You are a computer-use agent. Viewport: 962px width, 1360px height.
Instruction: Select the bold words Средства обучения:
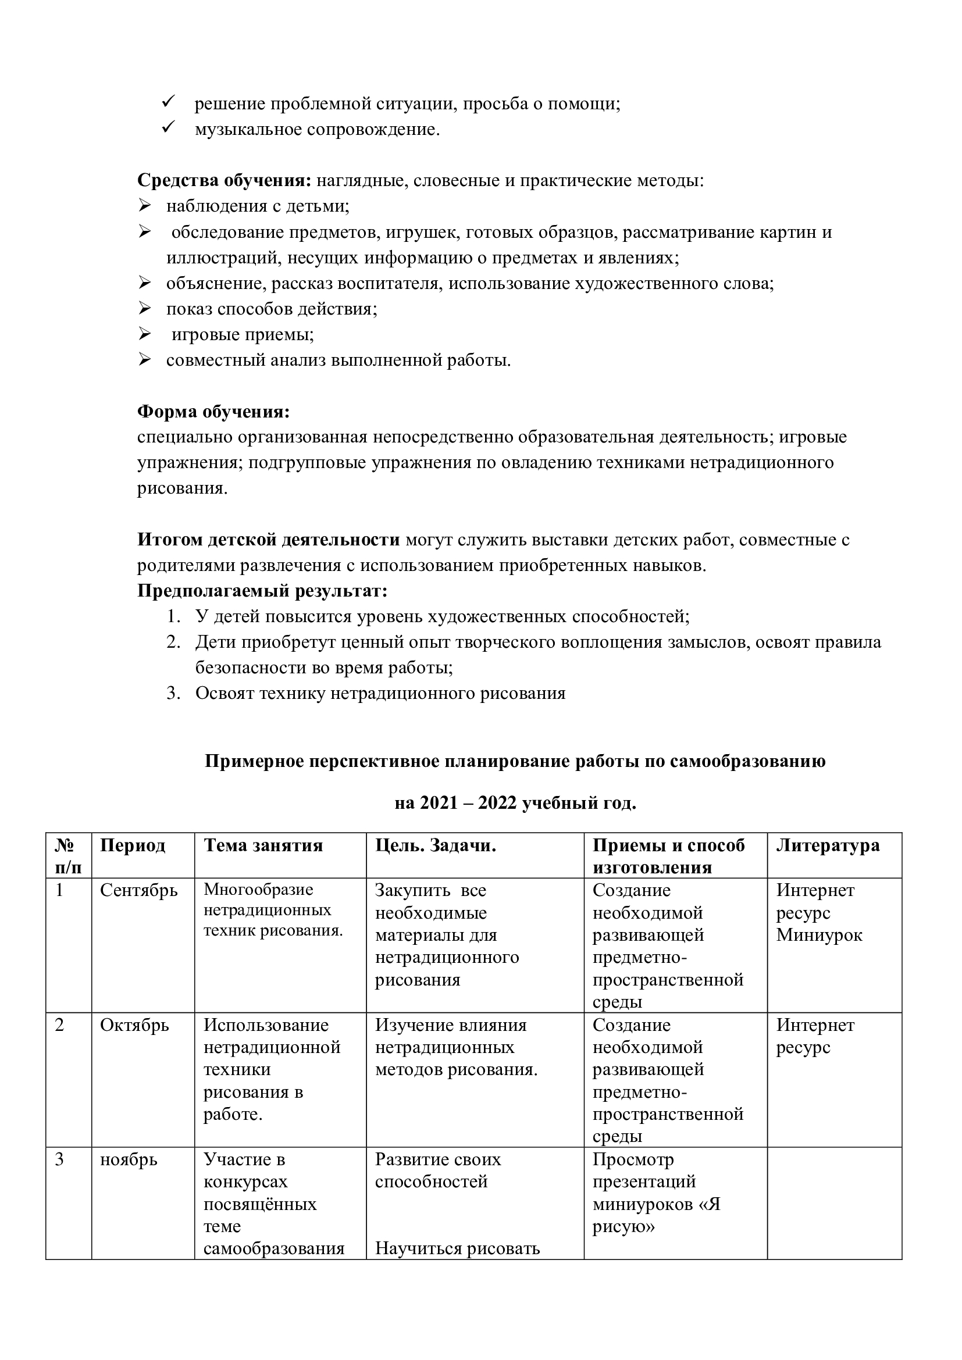point(225,180)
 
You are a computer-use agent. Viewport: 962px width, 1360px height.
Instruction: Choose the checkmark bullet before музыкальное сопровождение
point(167,128)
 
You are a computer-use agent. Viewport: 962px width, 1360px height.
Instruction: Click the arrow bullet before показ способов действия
point(145,309)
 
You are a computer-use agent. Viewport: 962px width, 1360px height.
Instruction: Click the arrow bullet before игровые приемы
point(145,335)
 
